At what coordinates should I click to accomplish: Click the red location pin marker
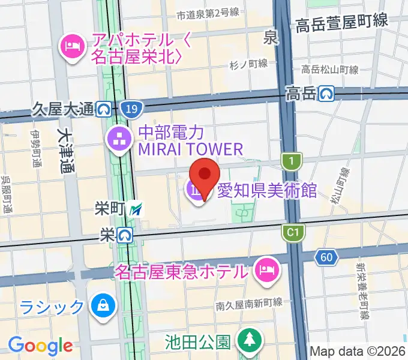[x=205, y=175]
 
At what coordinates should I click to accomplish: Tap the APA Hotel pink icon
[x=73, y=46]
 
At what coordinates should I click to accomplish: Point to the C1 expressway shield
[x=293, y=232]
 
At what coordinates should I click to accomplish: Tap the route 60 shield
[x=326, y=257]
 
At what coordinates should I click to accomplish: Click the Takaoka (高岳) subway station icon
[x=326, y=93]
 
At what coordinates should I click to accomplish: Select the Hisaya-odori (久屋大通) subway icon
[x=104, y=109]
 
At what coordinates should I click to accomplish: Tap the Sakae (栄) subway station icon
[x=124, y=235]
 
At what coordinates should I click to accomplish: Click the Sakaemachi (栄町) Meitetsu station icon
[x=138, y=209]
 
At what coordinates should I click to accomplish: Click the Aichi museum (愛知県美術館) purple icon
[x=196, y=191]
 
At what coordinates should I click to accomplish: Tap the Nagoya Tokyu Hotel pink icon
[x=265, y=269]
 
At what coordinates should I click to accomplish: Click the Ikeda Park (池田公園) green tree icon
[x=248, y=340]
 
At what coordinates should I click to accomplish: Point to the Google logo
[x=40, y=346]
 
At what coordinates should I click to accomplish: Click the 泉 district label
[x=271, y=38]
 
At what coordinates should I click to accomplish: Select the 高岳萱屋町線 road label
[x=341, y=22]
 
